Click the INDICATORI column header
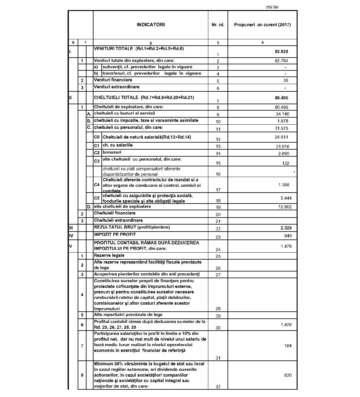coord(150,25)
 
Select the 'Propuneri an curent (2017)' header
coord(262,25)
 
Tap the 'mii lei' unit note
coord(272,7)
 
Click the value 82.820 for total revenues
coord(281,51)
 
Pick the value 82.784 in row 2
coord(281,61)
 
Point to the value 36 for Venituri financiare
coord(285,80)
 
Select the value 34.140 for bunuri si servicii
coord(282,114)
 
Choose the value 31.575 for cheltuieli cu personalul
coord(282,128)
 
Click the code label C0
coord(97,137)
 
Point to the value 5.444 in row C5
coord(286,198)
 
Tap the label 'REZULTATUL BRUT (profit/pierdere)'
coord(132,227)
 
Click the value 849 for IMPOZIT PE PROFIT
coord(288,236)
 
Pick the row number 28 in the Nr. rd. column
coord(218,309)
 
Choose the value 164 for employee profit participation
coord(288,346)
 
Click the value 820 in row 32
coord(288,375)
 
